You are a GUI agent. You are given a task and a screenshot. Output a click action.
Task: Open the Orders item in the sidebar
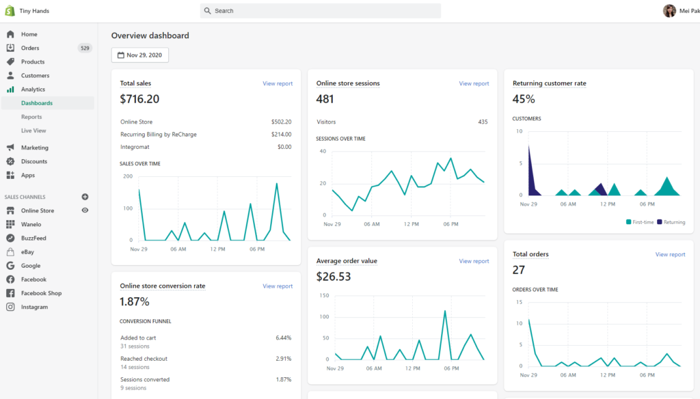click(30, 48)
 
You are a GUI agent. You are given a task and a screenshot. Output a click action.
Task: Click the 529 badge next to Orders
click(85, 48)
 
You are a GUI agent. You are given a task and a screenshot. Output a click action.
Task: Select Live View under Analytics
click(33, 130)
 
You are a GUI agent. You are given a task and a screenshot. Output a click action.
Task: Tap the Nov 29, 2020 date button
click(140, 55)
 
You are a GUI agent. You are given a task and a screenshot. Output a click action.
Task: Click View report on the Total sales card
click(278, 83)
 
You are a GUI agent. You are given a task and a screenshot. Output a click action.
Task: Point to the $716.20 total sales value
click(139, 99)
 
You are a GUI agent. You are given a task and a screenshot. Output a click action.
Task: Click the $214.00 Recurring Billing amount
click(281, 135)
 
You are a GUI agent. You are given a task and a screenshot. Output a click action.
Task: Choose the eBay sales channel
click(27, 252)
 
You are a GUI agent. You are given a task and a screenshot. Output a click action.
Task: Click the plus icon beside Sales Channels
click(85, 197)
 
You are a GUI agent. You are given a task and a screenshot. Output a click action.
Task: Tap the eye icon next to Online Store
click(85, 210)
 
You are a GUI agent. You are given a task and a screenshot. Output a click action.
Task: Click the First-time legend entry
click(640, 222)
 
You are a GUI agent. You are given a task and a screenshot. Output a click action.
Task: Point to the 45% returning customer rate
click(524, 99)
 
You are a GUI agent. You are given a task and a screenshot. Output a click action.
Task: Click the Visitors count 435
click(483, 122)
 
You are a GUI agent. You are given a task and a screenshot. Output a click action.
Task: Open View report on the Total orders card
click(670, 254)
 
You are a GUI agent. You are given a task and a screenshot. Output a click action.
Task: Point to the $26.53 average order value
click(334, 277)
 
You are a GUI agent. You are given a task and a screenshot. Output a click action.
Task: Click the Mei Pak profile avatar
click(669, 11)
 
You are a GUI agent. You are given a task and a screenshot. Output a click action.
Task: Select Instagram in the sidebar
click(34, 307)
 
